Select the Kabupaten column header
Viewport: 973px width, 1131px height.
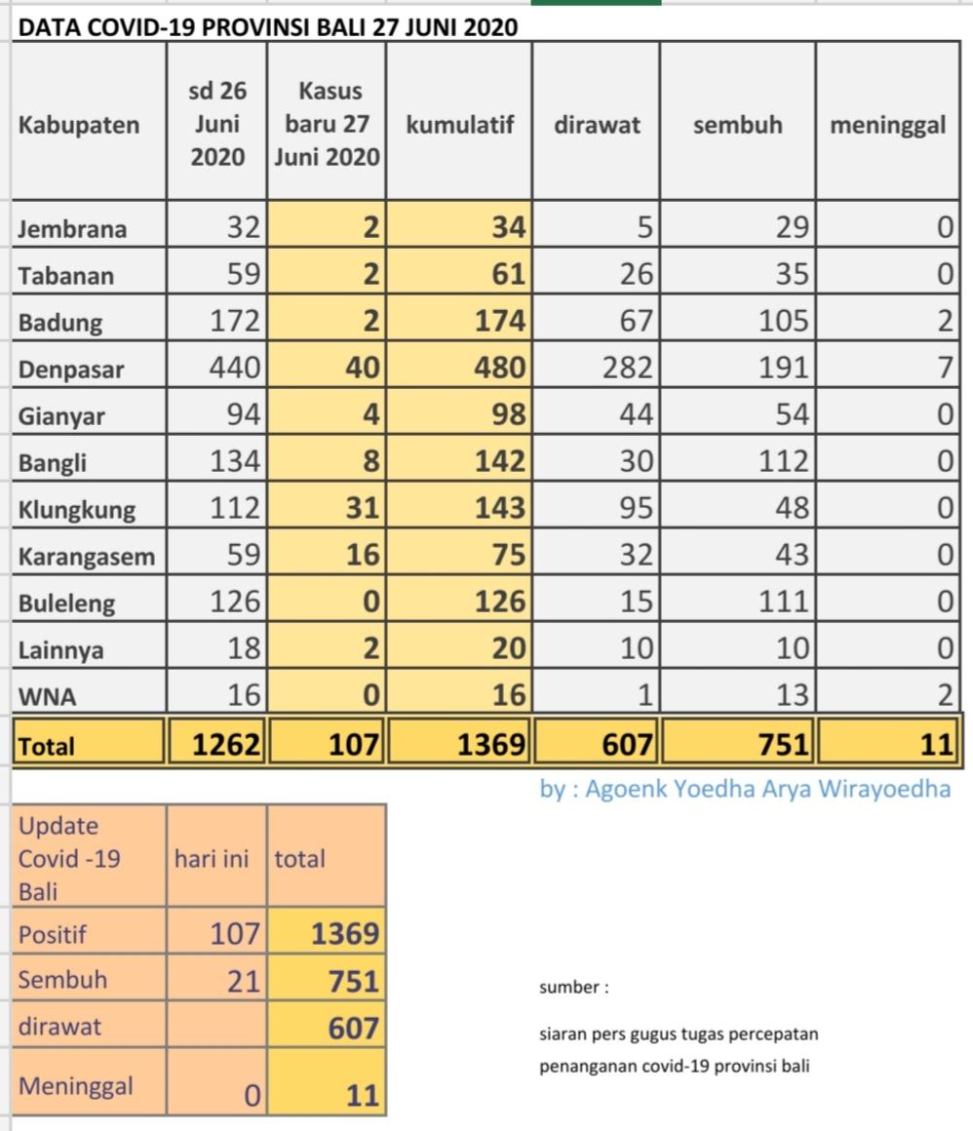click(x=78, y=125)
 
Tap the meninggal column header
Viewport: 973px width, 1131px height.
click(x=887, y=125)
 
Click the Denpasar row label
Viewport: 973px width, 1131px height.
click(x=71, y=370)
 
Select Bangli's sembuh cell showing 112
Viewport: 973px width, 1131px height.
click(x=784, y=461)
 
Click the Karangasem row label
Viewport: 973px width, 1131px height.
click(x=86, y=556)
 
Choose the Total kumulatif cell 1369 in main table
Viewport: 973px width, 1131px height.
click(x=491, y=746)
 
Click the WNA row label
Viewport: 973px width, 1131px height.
click(x=47, y=697)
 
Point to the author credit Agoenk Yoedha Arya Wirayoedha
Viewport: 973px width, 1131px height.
click(x=745, y=789)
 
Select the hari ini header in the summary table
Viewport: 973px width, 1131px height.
click(x=211, y=859)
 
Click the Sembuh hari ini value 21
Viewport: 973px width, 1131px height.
click(x=238, y=981)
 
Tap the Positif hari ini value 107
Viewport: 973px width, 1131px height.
click(x=235, y=934)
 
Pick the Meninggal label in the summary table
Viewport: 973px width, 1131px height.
click(x=75, y=1086)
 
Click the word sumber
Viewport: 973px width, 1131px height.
click(x=573, y=988)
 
